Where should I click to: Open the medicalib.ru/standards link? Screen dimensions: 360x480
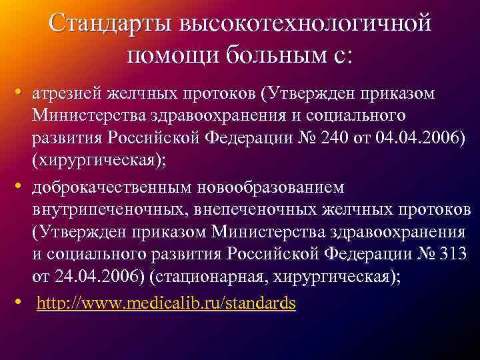[x=166, y=303]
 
